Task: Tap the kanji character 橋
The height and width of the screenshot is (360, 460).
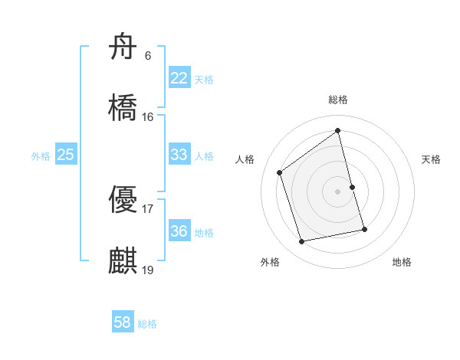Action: pyautogui.click(x=123, y=108)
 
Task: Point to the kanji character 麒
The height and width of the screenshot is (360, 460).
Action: pyautogui.click(x=123, y=261)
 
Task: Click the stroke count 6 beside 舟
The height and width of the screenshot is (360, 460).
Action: pyautogui.click(x=147, y=55)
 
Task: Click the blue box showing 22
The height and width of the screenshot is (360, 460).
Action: pyautogui.click(x=179, y=78)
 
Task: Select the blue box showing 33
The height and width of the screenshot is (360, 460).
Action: pyautogui.click(x=179, y=155)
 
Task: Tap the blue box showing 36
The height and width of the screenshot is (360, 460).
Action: pyautogui.click(x=179, y=231)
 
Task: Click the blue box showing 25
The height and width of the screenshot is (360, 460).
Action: pyautogui.click(x=66, y=155)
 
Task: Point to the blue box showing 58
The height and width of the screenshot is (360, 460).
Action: pyautogui.click(x=123, y=323)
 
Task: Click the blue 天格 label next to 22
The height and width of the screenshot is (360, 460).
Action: pyautogui.click(x=204, y=80)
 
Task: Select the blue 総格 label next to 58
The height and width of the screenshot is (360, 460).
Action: pyautogui.click(x=147, y=324)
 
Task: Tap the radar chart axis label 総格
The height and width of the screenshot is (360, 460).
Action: pyautogui.click(x=338, y=100)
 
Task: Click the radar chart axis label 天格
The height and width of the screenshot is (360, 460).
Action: pyautogui.click(x=432, y=159)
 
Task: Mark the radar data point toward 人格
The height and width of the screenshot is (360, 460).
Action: pyautogui.click(x=280, y=172)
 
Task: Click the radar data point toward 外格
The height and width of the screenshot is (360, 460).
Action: pyautogui.click(x=302, y=242)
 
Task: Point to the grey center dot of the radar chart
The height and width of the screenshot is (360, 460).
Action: pyautogui.click(x=338, y=191)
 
